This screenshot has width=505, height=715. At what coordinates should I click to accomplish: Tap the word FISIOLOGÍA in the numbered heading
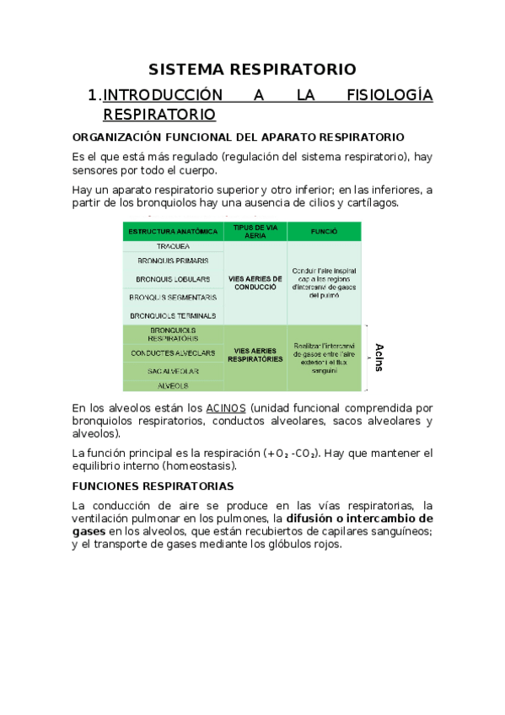pos(389,95)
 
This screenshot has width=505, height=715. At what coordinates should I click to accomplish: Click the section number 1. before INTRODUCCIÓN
pos(94,95)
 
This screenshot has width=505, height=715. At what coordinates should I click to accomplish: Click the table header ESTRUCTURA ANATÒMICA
pos(172,231)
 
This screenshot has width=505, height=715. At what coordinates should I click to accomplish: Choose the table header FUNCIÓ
pos(324,231)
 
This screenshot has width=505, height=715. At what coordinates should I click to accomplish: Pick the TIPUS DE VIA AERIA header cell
pos(255,231)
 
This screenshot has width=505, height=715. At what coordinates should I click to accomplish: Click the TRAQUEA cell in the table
pos(172,246)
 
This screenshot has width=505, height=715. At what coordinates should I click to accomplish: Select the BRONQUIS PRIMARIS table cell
pos(172,261)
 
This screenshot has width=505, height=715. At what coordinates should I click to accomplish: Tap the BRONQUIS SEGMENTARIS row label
pos(172,297)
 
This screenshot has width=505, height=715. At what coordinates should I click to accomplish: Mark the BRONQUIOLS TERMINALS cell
pos(172,315)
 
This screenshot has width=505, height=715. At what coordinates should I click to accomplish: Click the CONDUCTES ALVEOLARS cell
pos(172,352)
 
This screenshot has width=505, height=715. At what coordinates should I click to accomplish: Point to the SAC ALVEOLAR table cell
pos(172,371)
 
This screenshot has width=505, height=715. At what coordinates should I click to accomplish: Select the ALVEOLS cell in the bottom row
pos(172,385)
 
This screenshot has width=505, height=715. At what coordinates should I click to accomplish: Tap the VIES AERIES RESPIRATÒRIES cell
pos(255,356)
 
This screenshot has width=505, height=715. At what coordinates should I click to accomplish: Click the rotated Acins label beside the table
pos(379,357)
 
